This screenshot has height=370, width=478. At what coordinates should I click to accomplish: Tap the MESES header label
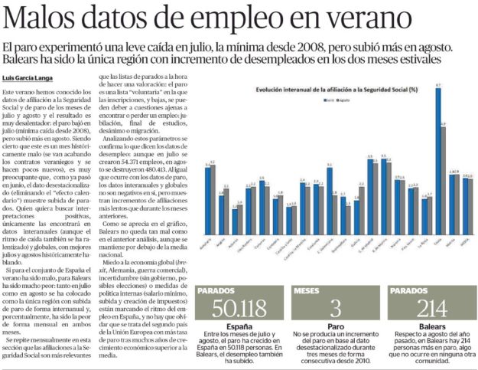[306, 291]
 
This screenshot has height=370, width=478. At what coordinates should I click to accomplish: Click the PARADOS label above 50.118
[216, 291]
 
